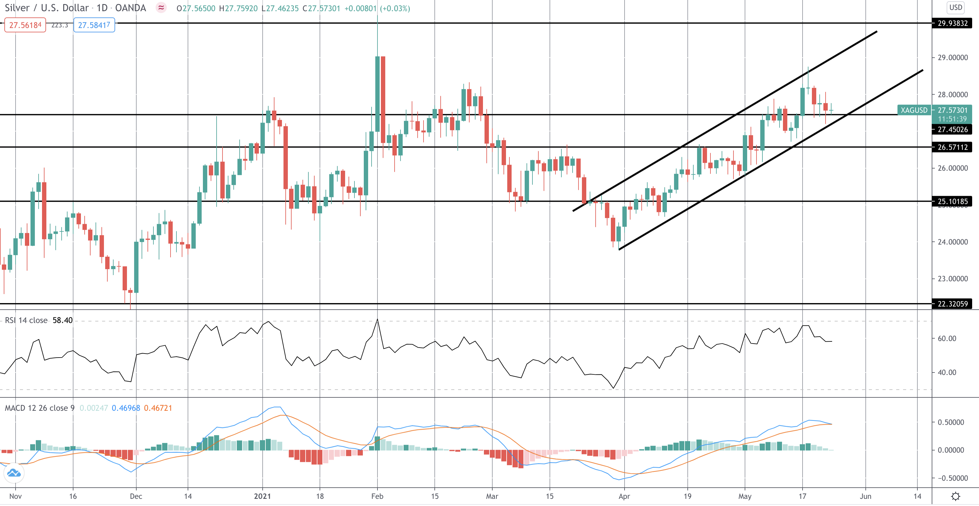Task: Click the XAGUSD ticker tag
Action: (914, 110)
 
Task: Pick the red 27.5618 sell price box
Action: (25, 25)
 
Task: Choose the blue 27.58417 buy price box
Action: (94, 25)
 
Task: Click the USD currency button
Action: (955, 7)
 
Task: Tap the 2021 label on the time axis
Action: (262, 496)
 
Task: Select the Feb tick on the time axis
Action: (377, 496)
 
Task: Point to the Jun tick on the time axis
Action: (865, 496)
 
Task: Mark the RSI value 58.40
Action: (62, 321)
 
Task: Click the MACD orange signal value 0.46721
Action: (158, 408)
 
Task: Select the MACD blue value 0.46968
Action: (126, 408)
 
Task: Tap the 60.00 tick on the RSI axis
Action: (947, 339)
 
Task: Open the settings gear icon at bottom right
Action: (955, 496)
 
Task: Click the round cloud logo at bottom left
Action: (14, 473)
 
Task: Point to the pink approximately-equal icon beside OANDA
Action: (161, 7)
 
